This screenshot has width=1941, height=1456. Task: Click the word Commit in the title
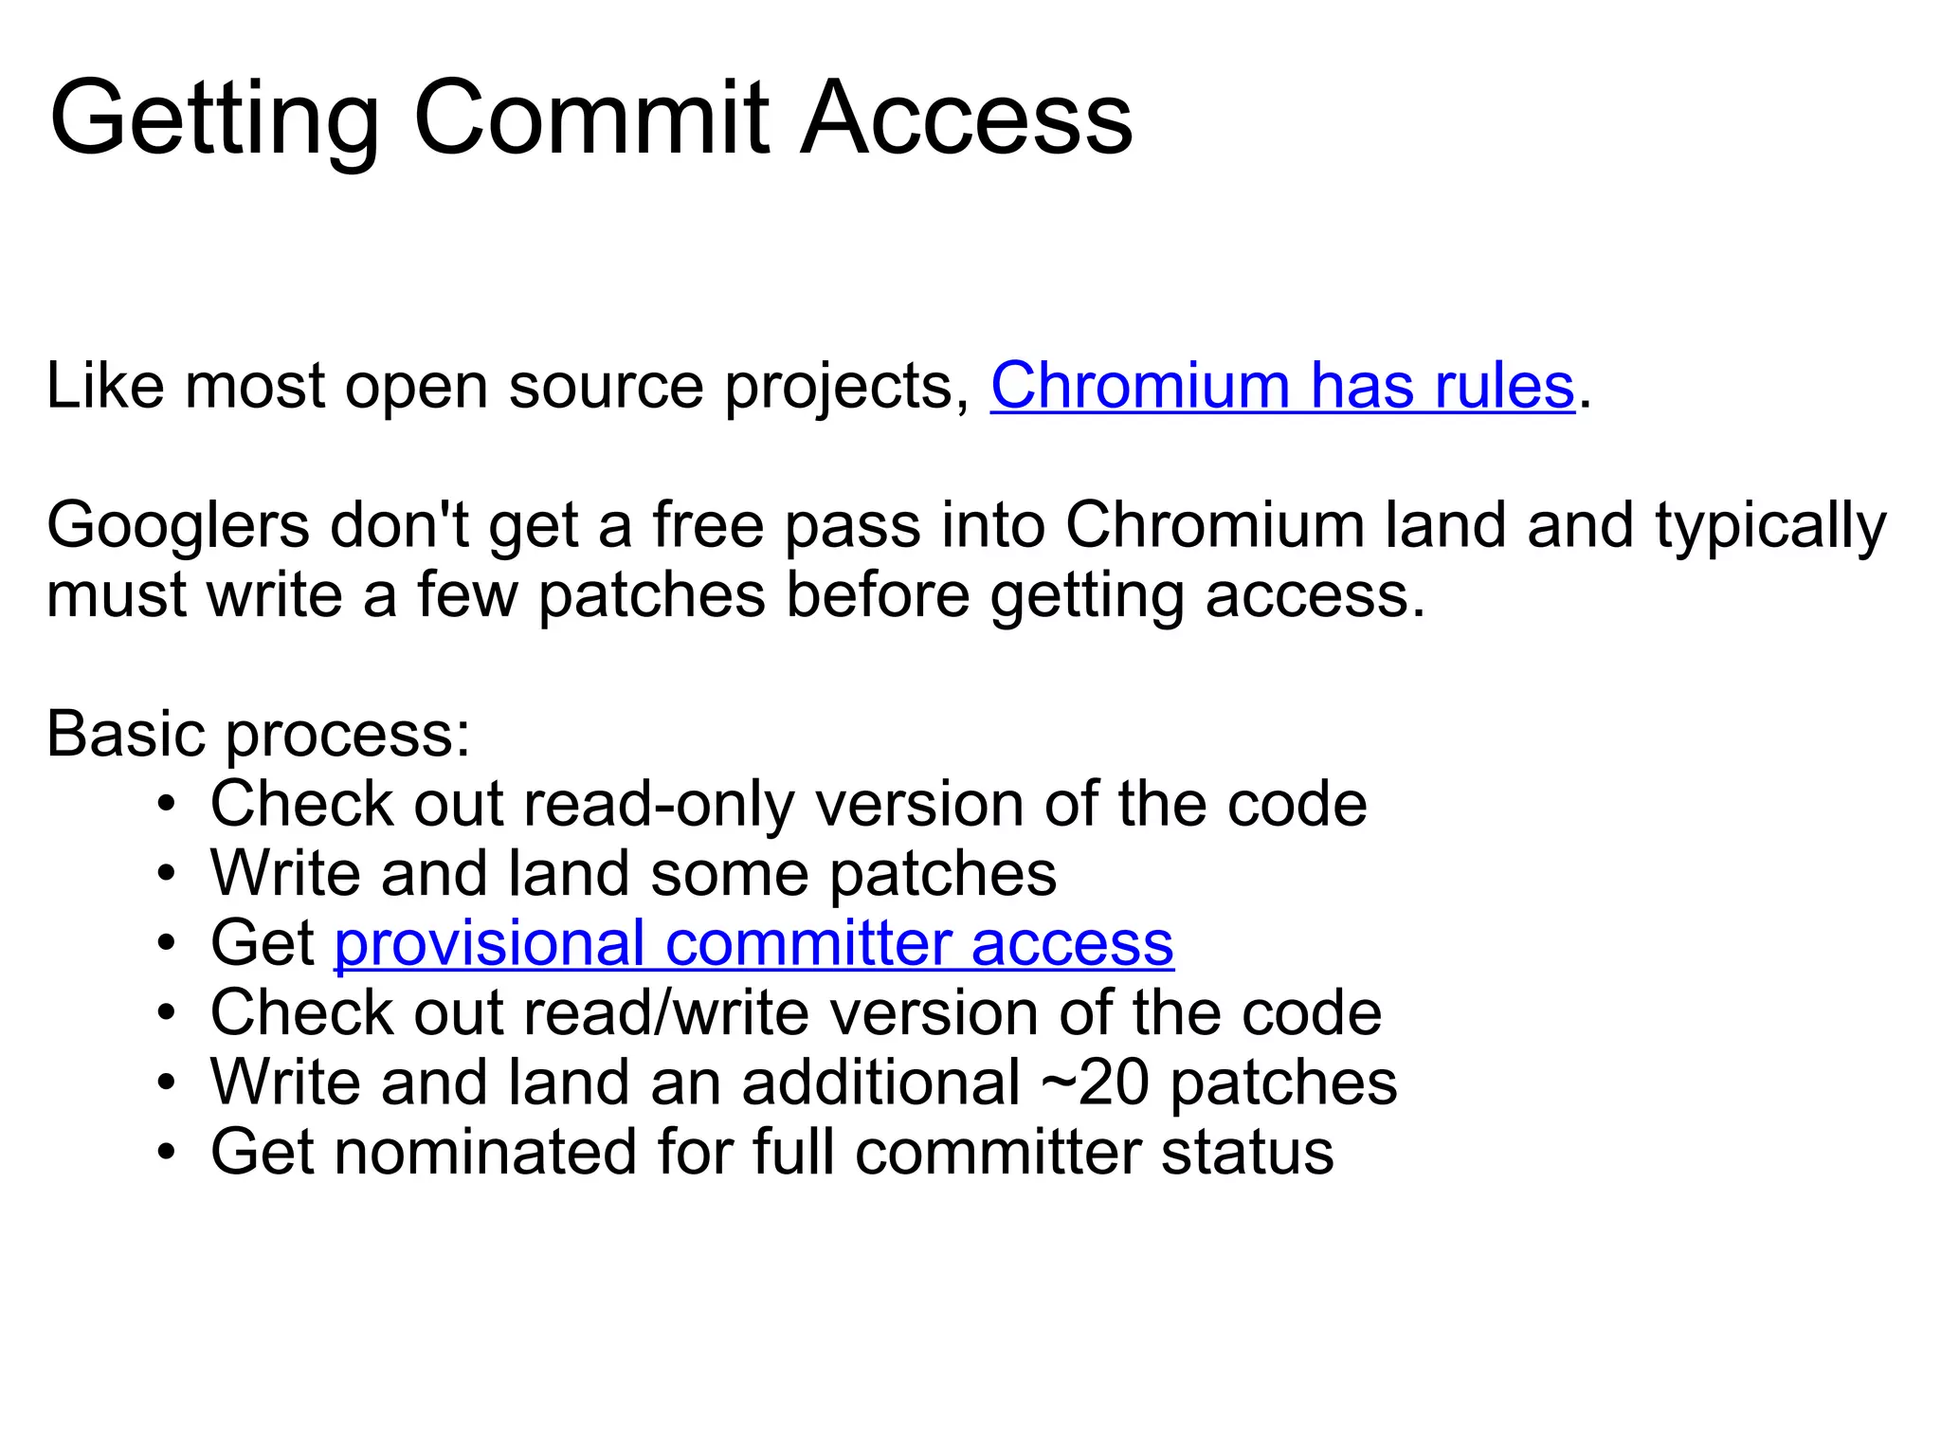591,118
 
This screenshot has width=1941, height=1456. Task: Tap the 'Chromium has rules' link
1281,386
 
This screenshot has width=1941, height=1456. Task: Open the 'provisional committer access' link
753,943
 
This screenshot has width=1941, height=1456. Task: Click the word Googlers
177,525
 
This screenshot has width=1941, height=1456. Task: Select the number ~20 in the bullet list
1095,1083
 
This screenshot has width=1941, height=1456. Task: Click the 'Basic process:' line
258,735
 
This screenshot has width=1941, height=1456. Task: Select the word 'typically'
1770,527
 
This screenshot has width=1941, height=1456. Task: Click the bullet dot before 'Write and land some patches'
167,874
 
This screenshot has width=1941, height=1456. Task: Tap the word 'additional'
880,1083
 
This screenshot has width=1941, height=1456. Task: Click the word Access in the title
967,118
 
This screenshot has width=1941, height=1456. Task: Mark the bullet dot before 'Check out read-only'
167,805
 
